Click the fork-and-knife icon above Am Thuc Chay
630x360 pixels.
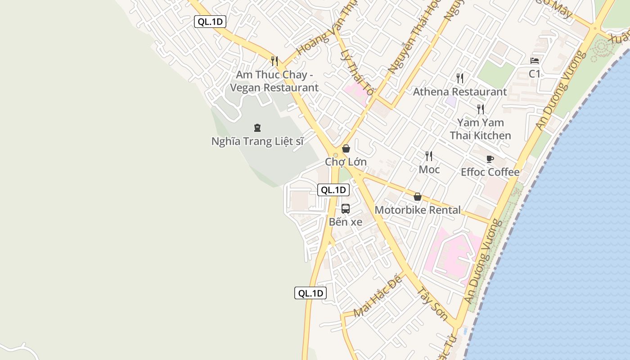(x=274, y=61)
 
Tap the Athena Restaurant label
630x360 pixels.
(x=460, y=92)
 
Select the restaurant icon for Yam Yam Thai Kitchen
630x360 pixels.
(x=481, y=109)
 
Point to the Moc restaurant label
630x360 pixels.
(x=429, y=170)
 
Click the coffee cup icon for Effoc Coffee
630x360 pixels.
(x=490, y=159)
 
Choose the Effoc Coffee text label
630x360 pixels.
(x=490, y=172)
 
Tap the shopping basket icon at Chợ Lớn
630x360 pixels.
(x=346, y=148)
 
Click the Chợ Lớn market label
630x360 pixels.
(x=346, y=162)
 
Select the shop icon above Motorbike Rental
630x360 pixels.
(x=418, y=197)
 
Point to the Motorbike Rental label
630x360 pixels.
(x=418, y=210)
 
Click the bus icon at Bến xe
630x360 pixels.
(x=346, y=209)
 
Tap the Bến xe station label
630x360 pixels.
(x=346, y=222)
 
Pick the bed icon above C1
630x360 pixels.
(x=535, y=61)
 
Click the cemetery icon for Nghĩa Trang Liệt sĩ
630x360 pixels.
(x=257, y=128)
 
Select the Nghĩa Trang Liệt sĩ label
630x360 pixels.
(x=257, y=141)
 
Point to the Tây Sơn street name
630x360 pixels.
(x=432, y=305)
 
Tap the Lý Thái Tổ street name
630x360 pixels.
(x=358, y=73)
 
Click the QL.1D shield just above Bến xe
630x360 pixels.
(x=333, y=190)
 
